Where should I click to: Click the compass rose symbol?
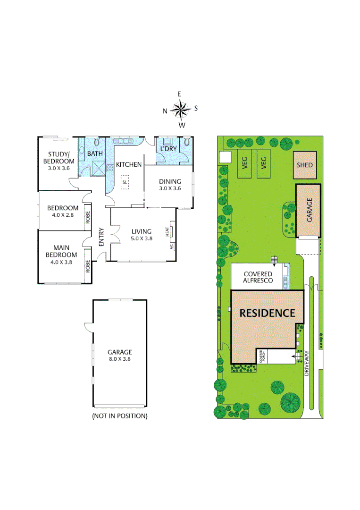click(x=180, y=110)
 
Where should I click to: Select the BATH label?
click(x=94, y=153)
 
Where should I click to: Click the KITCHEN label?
click(x=129, y=164)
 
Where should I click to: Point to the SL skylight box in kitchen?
click(x=125, y=182)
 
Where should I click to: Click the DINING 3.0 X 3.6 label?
click(x=169, y=184)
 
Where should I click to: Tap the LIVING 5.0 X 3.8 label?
click(x=142, y=235)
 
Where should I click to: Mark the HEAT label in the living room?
click(x=167, y=231)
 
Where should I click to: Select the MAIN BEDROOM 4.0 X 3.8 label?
click(x=62, y=255)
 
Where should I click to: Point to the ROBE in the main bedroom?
click(x=88, y=266)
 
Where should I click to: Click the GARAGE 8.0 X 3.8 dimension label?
click(x=119, y=355)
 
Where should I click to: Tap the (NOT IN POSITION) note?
click(x=119, y=416)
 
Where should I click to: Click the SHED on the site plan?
click(x=305, y=165)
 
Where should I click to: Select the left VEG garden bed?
click(x=245, y=163)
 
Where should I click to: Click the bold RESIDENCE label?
click(x=267, y=313)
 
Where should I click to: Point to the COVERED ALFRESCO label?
click(x=258, y=277)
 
